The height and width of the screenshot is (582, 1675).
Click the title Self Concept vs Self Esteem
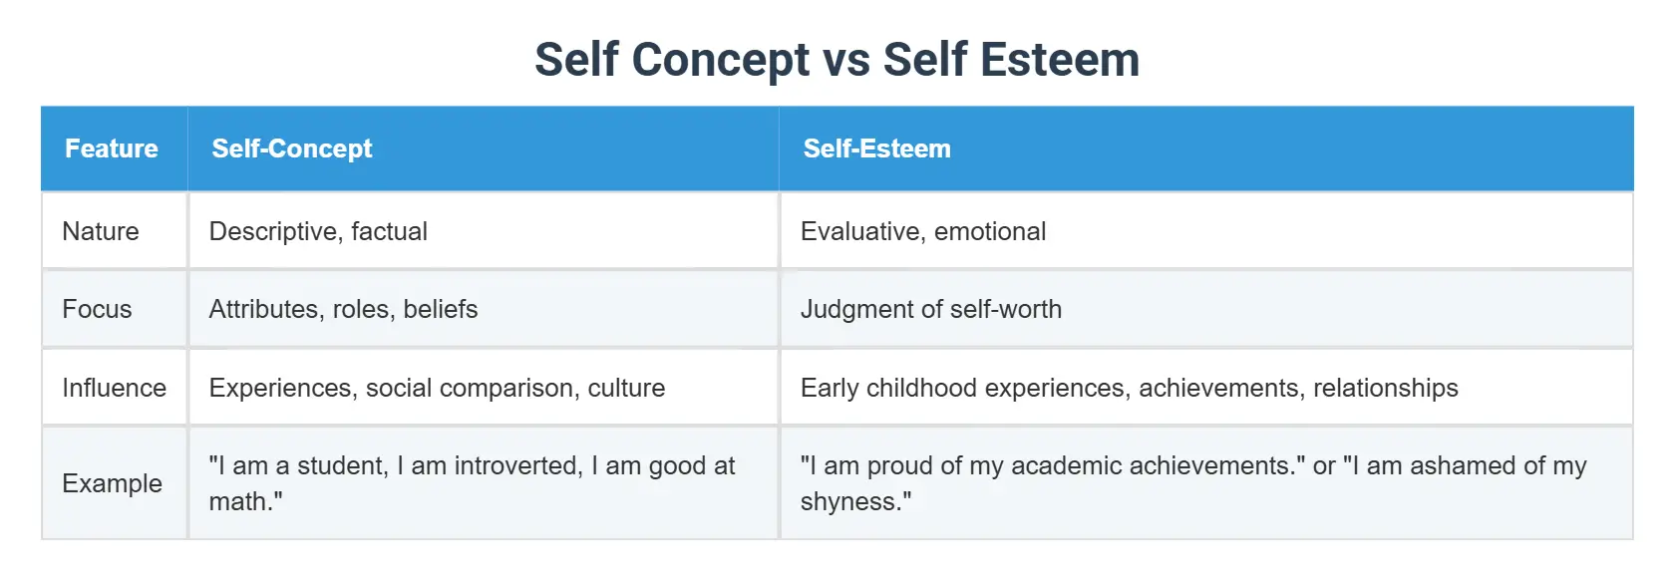(x=837, y=60)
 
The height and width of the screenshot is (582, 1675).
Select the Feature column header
(x=112, y=148)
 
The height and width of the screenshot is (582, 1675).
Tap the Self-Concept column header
(x=291, y=148)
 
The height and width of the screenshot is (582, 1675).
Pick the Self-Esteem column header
(x=876, y=148)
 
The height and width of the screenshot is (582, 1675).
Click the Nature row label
(x=101, y=231)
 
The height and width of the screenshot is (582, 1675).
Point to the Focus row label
(x=97, y=309)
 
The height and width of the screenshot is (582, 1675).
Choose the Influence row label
(x=114, y=388)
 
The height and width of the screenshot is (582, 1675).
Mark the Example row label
(x=112, y=483)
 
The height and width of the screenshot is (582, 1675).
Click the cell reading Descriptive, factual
(x=318, y=231)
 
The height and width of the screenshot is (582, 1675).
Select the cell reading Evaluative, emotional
(x=923, y=231)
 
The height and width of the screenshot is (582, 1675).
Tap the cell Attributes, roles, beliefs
(x=343, y=309)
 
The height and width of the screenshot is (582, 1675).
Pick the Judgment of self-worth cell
(x=931, y=309)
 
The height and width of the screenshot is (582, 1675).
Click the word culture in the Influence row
(x=626, y=388)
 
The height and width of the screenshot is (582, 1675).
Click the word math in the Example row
(x=240, y=501)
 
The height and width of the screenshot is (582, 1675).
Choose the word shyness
(x=850, y=501)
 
